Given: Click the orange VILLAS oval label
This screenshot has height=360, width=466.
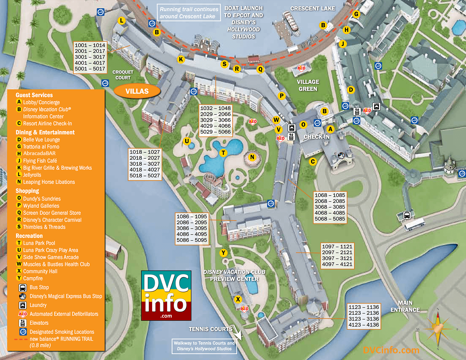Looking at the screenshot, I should [137, 91].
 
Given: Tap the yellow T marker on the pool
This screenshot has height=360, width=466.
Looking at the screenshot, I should [223, 153].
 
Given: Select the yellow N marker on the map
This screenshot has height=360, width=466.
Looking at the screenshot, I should [252, 157].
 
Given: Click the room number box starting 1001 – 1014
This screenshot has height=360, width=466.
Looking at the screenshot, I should [90, 57].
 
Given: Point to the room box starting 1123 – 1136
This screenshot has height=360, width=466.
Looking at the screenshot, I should [363, 316].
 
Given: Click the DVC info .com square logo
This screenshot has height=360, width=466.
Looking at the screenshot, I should [166, 295].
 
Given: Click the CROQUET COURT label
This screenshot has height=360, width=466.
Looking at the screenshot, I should [123, 75].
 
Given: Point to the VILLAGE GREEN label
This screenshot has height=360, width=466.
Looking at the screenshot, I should [308, 86].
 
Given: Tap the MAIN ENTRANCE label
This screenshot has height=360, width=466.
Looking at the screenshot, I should [405, 306].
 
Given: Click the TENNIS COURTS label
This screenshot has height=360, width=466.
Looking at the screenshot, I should [211, 329].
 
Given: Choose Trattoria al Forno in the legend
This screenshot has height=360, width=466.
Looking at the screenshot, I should [41, 147].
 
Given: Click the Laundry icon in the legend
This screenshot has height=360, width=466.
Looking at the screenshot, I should [23, 305].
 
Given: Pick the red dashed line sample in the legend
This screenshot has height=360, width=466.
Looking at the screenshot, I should [21, 339].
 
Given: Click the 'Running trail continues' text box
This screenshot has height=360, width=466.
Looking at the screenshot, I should [189, 13].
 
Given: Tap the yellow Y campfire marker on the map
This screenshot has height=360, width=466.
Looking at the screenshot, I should [223, 253].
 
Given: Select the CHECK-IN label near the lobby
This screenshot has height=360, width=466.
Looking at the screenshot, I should [317, 137].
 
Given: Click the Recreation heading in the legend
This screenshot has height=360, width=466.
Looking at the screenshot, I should [29, 236].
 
